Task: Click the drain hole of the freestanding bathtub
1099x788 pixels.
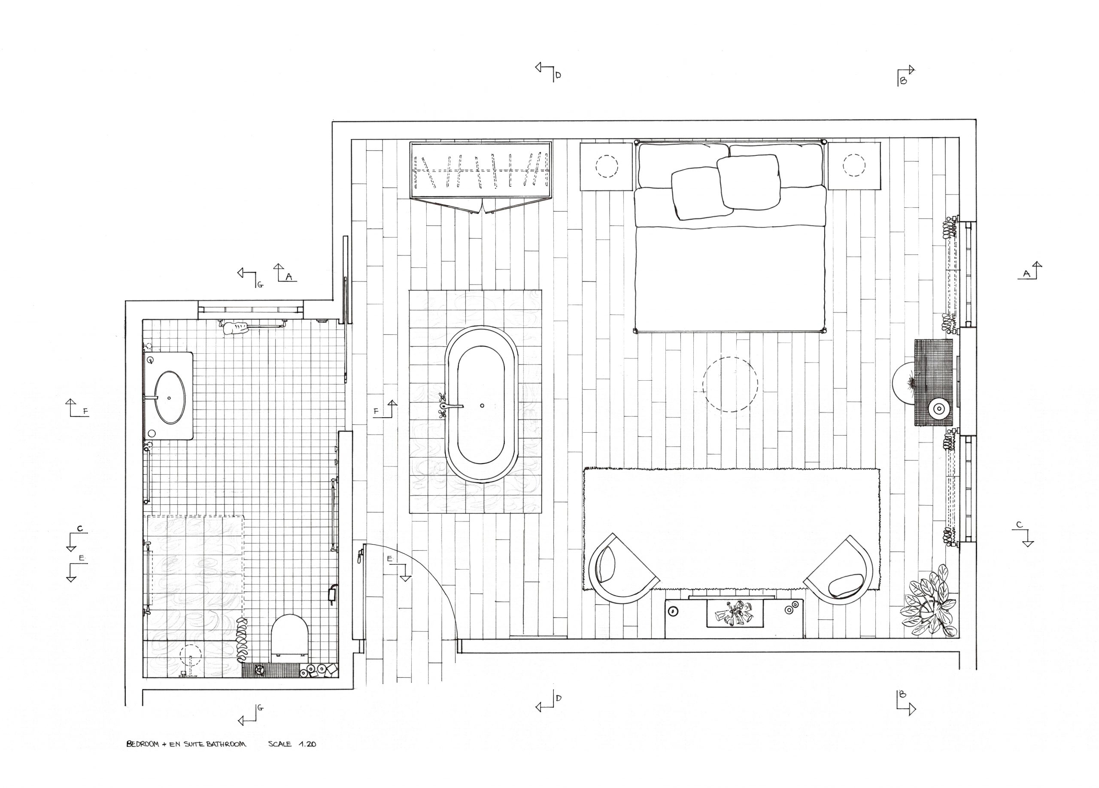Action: point(482,406)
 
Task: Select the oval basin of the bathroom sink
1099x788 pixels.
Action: point(170,397)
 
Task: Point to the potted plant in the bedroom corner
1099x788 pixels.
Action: point(929,601)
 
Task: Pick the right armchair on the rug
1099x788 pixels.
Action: point(838,570)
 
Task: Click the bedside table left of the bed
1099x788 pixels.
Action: point(607,166)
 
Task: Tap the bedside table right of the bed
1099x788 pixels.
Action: point(854,166)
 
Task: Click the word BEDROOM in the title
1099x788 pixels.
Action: point(143,744)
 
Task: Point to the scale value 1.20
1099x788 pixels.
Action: point(308,744)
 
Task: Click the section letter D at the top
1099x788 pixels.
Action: point(558,75)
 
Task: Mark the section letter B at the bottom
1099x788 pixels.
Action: point(902,694)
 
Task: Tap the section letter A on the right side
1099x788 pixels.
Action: point(1026,274)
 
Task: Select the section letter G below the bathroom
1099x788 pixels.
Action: point(260,708)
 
